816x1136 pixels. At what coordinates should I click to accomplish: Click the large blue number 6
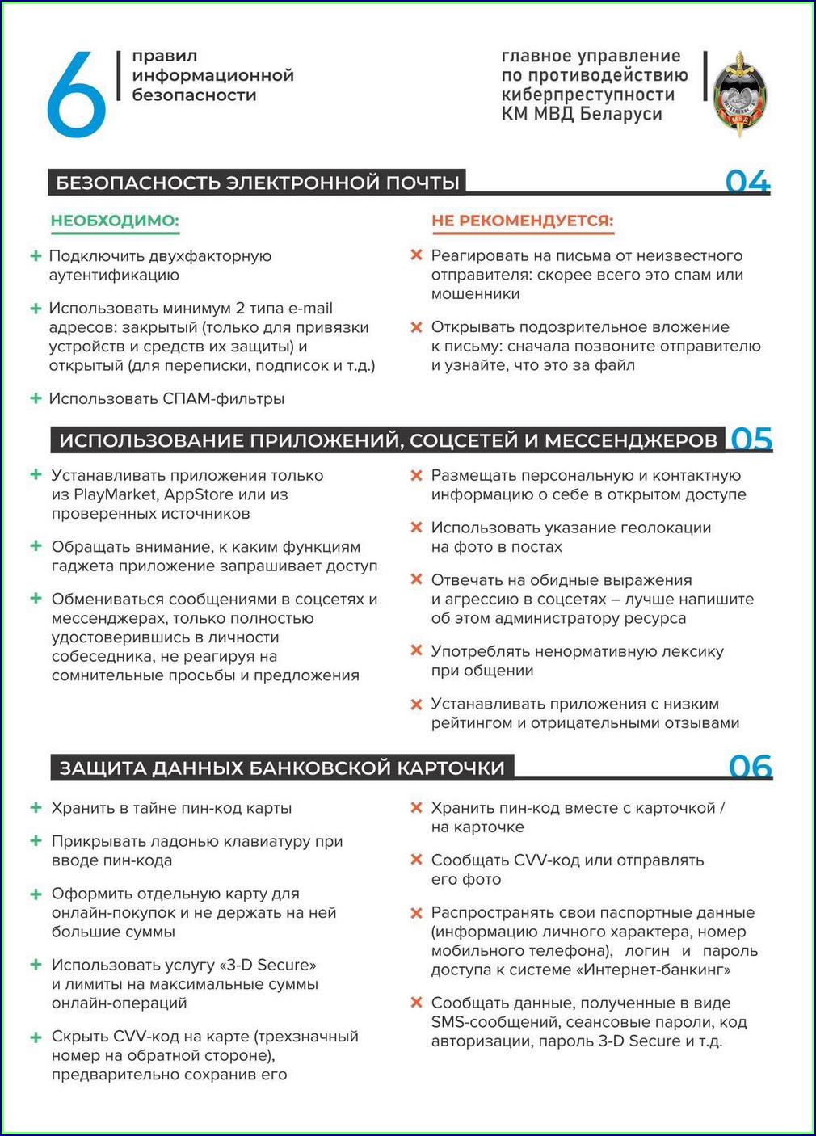click(x=76, y=95)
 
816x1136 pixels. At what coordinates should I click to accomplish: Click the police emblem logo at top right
click(x=739, y=94)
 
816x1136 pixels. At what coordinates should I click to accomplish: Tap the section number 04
click(x=747, y=182)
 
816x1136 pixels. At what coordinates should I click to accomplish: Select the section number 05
click(x=751, y=439)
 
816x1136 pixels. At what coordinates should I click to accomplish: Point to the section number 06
click(x=751, y=767)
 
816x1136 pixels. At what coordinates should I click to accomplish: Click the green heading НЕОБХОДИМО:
click(x=115, y=221)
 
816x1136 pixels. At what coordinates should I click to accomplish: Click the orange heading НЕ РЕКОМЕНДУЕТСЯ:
click(x=522, y=221)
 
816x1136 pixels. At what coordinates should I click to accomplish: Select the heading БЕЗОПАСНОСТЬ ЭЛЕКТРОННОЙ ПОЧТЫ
click(x=258, y=183)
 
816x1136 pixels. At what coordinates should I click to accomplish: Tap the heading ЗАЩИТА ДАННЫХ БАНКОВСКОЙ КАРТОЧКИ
click(x=282, y=768)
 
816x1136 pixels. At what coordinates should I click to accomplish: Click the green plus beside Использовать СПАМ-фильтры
click(x=36, y=398)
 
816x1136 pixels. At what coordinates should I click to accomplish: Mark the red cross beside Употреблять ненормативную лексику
click(x=417, y=650)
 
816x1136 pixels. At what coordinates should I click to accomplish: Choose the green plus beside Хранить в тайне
click(x=36, y=808)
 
